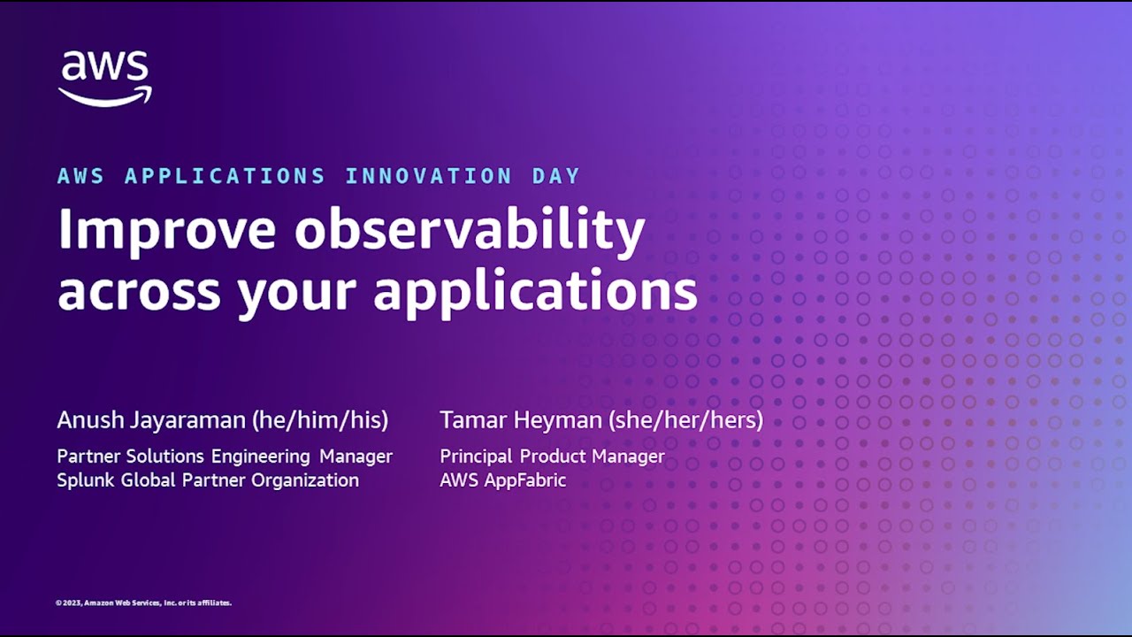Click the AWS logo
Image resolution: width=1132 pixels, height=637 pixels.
[104, 79]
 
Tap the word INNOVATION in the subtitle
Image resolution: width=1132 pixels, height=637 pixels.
[429, 176]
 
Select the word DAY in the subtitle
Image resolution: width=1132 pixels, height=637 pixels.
[556, 176]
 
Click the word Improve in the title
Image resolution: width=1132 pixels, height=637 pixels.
[167, 230]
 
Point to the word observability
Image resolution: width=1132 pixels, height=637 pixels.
[470, 230]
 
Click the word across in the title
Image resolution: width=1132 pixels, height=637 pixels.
[140, 292]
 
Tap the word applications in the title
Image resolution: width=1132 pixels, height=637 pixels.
[536, 292]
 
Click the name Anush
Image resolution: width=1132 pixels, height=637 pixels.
[90, 419]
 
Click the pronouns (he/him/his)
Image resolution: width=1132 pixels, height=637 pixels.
[320, 420]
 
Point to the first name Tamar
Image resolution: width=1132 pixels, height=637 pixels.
[471, 419]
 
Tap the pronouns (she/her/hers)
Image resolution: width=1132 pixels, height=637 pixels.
[686, 420]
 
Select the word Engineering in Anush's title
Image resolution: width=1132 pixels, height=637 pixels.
[261, 457]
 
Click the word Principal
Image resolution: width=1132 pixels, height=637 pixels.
[476, 457]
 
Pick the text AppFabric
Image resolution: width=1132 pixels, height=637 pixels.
[525, 480]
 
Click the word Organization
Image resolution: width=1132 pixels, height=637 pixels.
[305, 480]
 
